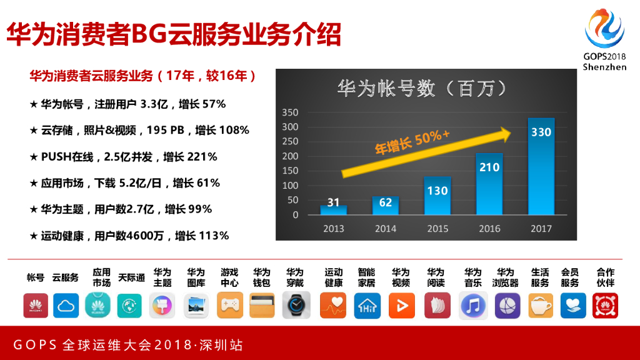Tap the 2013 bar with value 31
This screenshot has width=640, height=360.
tap(334, 210)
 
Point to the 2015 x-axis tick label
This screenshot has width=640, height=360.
tap(437, 229)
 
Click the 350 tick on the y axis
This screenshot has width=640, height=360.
tap(291, 112)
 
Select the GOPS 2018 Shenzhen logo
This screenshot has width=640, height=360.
tap(604, 37)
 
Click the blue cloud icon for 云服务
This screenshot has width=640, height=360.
tap(66, 306)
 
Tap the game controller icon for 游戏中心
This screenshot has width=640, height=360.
tap(229, 306)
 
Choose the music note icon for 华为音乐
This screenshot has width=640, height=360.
tap(472, 306)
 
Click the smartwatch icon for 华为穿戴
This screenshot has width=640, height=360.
tap(295, 306)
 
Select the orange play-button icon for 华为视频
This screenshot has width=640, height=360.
tap(401, 306)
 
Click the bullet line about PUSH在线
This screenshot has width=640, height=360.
tap(123, 157)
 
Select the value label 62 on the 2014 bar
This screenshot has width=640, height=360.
tap(386, 202)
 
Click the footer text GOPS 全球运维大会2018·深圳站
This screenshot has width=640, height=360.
tap(128, 345)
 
